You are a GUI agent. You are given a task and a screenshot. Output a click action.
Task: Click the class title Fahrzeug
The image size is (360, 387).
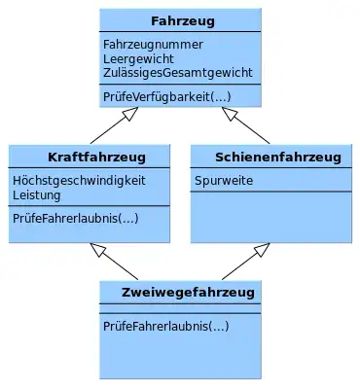(x=183, y=21)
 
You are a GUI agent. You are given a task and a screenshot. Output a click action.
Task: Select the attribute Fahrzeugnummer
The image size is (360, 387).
(x=153, y=45)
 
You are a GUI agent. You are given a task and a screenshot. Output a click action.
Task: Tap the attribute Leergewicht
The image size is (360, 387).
(x=138, y=59)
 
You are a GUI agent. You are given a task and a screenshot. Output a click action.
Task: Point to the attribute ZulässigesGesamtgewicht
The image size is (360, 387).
(x=178, y=72)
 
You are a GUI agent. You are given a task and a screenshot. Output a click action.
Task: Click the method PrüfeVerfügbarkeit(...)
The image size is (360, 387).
(x=167, y=96)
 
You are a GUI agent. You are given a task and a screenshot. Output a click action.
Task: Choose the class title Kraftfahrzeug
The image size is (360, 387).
(x=96, y=158)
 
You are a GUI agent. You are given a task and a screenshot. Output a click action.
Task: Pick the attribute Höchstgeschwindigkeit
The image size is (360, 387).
(x=79, y=181)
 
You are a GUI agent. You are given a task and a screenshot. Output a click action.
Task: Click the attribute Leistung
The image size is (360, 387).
(x=37, y=195)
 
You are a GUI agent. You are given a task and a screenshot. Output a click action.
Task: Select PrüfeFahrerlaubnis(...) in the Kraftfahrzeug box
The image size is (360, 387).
(x=76, y=218)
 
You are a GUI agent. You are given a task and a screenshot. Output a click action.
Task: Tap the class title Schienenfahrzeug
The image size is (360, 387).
(x=278, y=158)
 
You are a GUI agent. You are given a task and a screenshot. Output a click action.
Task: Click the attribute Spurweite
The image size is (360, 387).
(x=224, y=181)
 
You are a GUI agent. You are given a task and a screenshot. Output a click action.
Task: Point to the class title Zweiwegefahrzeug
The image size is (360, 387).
(x=188, y=293)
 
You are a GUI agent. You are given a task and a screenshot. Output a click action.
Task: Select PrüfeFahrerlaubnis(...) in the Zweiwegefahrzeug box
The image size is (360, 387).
(x=166, y=326)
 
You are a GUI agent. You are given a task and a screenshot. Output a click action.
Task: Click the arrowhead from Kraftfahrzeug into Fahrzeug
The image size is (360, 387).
(x=130, y=113)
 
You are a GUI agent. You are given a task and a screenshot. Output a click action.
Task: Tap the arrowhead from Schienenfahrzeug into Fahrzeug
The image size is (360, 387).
(x=230, y=113)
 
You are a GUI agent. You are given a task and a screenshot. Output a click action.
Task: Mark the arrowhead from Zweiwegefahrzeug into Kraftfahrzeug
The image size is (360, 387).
(x=98, y=249)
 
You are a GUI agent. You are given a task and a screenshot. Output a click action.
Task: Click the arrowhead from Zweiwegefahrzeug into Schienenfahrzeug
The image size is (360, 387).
(x=262, y=249)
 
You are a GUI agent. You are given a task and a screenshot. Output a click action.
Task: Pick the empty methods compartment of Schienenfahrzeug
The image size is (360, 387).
(x=271, y=217)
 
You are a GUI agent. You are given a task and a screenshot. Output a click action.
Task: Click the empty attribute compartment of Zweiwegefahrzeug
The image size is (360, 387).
(x=180, y=308)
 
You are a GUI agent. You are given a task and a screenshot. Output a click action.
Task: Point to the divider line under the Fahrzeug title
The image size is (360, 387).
(x=180, y=32)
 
